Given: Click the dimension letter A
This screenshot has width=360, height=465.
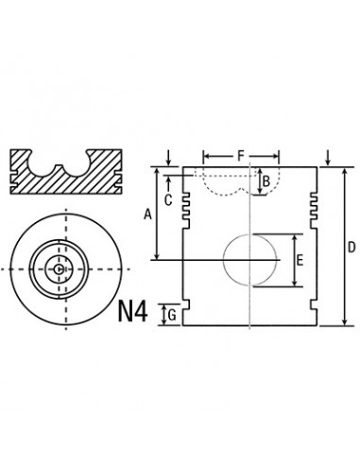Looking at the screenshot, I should (146, 215).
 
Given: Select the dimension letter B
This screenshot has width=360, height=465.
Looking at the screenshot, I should (266, 181).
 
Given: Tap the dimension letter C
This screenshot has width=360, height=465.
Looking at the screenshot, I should (167, 199).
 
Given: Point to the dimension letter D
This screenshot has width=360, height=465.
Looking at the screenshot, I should (351, 248).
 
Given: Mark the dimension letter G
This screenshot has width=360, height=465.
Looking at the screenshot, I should (170, 314).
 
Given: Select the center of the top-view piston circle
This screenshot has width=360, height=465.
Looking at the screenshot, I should (59, 269).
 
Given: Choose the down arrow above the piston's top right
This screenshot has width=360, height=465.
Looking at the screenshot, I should (326, 156).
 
